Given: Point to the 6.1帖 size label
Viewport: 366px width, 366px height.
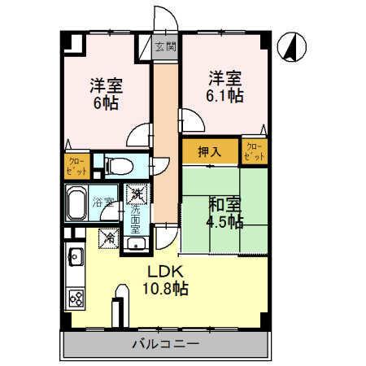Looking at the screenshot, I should point(224,96).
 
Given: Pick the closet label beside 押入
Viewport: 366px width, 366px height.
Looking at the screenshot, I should point(254,151).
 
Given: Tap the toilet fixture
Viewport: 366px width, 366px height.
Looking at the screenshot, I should point(117,166).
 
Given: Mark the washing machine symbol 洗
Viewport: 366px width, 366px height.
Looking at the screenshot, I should point(137,195).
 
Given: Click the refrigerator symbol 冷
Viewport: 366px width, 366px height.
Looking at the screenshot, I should point(109,238).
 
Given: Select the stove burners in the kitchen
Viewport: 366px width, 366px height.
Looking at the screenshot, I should point(76,298).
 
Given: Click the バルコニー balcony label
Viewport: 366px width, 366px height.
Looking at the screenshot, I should point(166,344).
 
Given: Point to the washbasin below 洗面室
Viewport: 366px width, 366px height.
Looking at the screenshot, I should point(136,242).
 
